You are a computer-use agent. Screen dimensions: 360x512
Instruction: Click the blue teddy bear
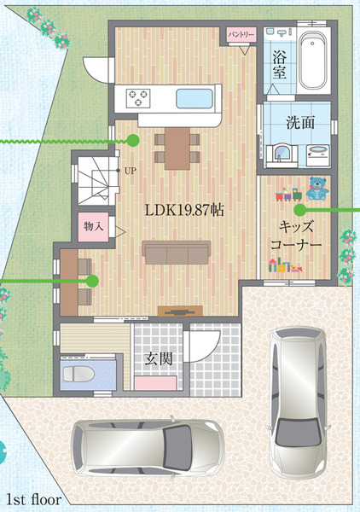coord(317,188)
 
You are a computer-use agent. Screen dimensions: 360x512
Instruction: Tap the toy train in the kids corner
coord(288,195)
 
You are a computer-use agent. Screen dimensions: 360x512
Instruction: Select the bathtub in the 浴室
coord(313,61)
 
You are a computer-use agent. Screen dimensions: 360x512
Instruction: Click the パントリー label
coord(241,34)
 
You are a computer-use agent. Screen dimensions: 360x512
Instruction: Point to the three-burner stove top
coord(138,98)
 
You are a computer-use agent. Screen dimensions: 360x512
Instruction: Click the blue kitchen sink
coord(195,99)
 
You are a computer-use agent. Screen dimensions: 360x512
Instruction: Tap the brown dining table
coord(177,148)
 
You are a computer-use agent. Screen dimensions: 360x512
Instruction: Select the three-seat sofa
coord(177,253)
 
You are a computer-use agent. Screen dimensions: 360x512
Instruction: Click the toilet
coord(78,374)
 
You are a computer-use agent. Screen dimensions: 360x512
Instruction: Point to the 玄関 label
coord(159,359)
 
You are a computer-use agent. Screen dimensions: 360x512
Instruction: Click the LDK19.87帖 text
coord(184,211)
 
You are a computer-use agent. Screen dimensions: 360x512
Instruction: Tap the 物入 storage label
coord(93,226)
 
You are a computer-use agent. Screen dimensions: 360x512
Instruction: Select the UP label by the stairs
coord(131,171)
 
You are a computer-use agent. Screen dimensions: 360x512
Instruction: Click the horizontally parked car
coord(148,447)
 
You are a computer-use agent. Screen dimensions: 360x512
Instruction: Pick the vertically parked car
coord(298,401)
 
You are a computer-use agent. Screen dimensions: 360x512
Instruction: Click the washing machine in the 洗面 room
coord(318,155)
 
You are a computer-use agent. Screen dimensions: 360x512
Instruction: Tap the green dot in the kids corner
coord(300,210)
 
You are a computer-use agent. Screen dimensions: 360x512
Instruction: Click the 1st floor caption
coord(34,499)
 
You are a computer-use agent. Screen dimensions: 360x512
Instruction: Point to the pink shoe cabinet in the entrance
coord(155,383)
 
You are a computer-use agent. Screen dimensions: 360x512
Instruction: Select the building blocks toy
coord(285,265)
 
